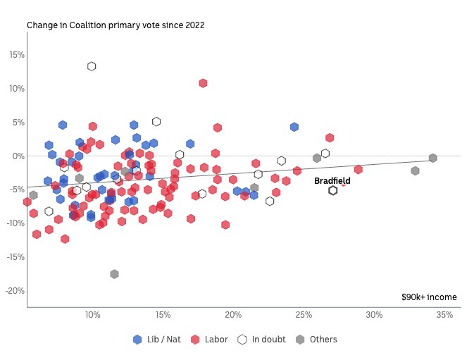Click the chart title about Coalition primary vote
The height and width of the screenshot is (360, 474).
[x=116, y=25]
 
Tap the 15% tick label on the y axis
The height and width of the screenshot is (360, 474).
[x=15, y=55]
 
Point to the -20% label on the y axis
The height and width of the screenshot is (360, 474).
[x=14, y=291]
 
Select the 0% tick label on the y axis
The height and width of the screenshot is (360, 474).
[x=18, y=156]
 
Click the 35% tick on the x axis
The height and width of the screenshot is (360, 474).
[x=444, y=314]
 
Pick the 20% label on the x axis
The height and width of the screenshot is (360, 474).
[x=233, y=314]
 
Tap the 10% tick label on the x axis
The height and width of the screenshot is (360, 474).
[x=92, y=314]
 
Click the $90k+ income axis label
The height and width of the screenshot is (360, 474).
[x=429, y=297]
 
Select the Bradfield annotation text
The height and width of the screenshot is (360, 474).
[x=332, y=181]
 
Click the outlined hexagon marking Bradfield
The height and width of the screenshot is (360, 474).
[x=333, y=190]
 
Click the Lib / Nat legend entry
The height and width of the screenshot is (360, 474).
[x=157, y=340]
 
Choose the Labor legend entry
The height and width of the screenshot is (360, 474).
[x=209, y=340]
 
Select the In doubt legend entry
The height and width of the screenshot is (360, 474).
[x=262, y=340]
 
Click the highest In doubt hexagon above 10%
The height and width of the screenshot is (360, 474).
[x=92, y=66]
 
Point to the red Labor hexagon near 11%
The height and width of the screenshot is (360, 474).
[x=203, y=83]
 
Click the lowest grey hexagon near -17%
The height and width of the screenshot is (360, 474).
[x=114, y=274]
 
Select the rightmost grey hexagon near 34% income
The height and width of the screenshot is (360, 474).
[x=433, y=159]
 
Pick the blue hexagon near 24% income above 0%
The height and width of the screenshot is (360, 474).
[x=294, y=127]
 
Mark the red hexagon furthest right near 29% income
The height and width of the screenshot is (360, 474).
[x=358, y=169]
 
